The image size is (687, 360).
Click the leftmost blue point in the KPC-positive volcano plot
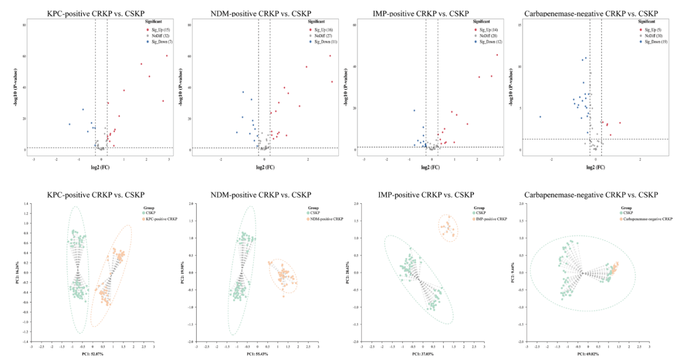click(69, 124)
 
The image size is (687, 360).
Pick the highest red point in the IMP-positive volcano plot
click(497, 55)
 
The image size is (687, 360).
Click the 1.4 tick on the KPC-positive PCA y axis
click(25, 203)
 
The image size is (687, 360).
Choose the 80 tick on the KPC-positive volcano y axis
click(25, 25)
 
